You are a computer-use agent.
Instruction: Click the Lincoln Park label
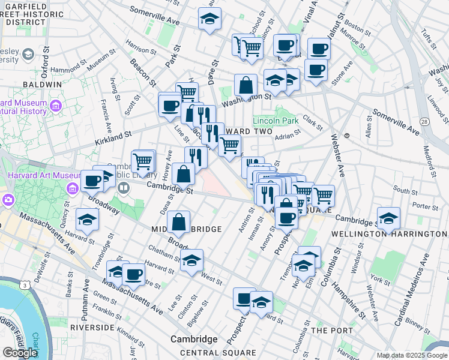tap(276, 120)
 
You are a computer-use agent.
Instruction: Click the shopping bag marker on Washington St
tap(246, 86)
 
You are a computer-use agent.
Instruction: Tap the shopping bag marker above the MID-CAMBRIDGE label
tap(179, 222)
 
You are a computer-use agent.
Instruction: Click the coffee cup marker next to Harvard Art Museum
tap(92, 179)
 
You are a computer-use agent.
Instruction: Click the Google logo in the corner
tap(19, 353)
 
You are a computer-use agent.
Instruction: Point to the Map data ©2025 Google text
tap(412, 355)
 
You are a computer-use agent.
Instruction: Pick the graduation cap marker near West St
tap(191, 260)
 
